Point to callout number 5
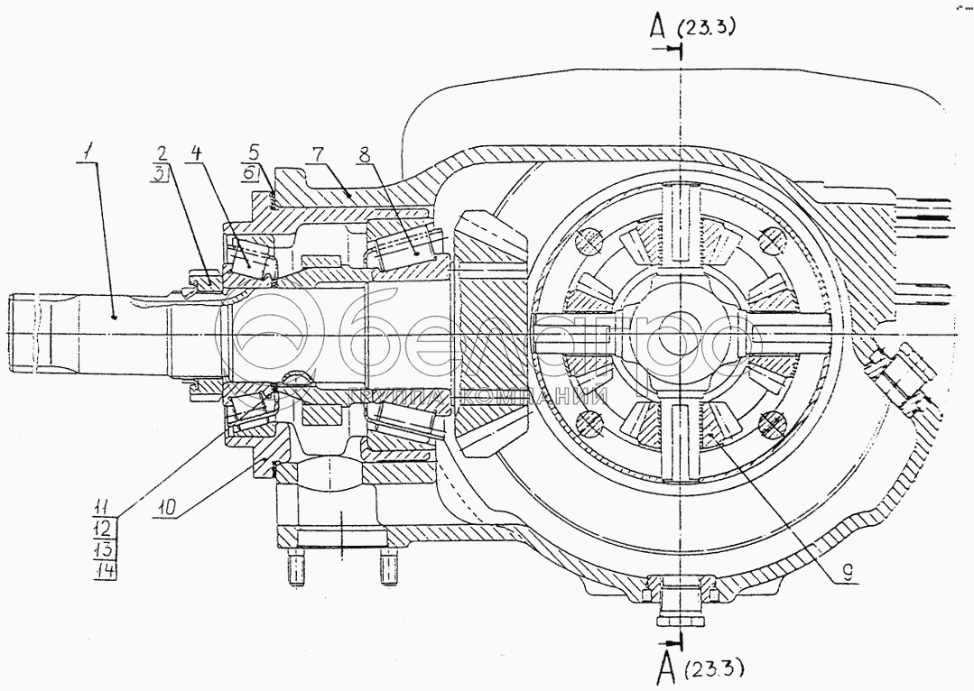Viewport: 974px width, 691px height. click(x=254, y=152)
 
